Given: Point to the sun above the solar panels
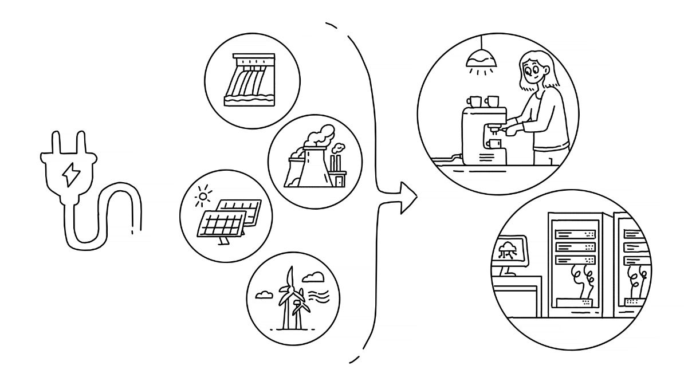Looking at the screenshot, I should [201, 198].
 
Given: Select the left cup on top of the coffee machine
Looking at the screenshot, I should [475, 101].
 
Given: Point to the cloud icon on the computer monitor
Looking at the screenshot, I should [508, 249].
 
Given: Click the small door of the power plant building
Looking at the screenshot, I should [340, 181].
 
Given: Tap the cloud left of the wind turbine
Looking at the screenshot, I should [264, 295].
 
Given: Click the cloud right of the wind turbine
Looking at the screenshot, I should [313, 278].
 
